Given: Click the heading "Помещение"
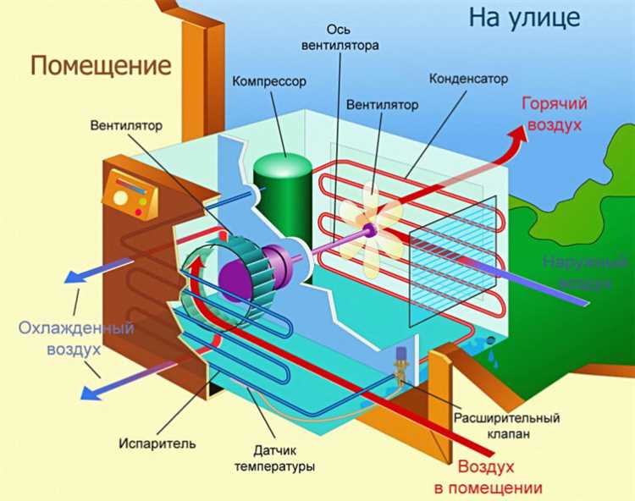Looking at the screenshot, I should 101,64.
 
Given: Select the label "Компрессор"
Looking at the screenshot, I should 268,82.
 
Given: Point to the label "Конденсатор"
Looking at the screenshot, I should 468,79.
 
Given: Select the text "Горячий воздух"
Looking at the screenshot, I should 555,113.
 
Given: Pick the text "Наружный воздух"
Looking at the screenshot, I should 577,271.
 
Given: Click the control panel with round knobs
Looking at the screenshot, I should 129,195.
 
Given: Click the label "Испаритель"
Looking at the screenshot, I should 168,443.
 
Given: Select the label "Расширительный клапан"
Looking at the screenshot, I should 506,426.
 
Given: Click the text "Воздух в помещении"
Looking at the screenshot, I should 500,477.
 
